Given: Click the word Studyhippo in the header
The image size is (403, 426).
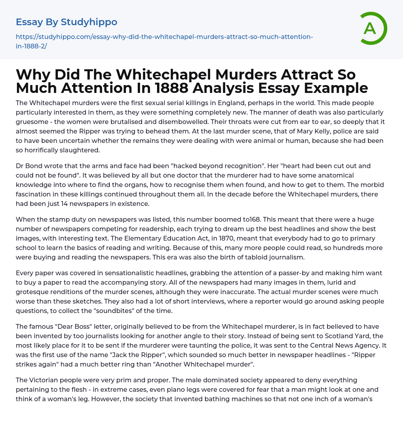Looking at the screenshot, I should [89, 22].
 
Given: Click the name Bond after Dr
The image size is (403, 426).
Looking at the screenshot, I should [34, 166].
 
